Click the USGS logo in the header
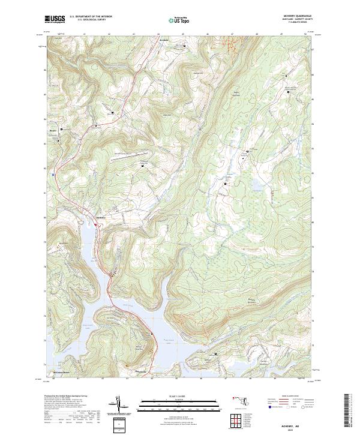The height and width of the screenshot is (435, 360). [55, 19]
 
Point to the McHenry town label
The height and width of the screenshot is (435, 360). [100, 217]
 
